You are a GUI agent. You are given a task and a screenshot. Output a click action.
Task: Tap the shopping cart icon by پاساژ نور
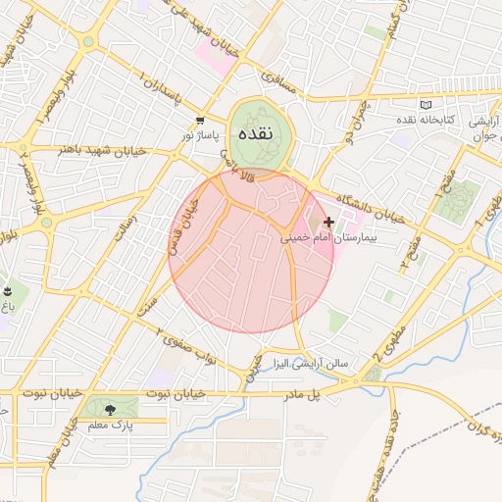[200, 121]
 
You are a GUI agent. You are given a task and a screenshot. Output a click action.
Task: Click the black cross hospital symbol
[327, 223]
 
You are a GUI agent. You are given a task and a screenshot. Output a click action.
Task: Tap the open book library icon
[425, 105]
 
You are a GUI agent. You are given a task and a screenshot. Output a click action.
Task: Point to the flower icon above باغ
[8, 292]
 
